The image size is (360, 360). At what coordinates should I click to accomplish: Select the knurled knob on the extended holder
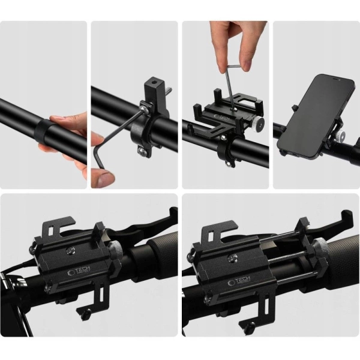(321, 245)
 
